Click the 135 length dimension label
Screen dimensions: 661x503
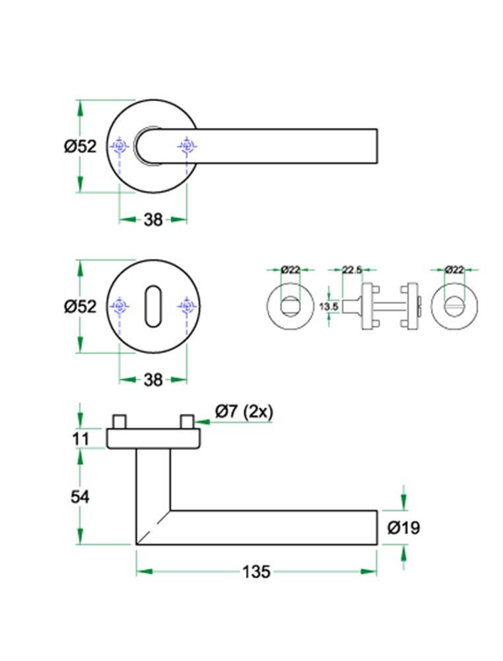pyautogui.click(x=255, y=572)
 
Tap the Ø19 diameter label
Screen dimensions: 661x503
pyautogui.click(x=403, y=527)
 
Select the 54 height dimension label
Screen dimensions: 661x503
pyautogui.click(x=80, y=497)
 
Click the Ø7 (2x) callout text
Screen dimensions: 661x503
pyautogui.click(x=243, y=411)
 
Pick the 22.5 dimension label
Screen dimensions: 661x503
pyautogui.click(x=352, y=269)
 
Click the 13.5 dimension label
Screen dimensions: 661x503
pyautogui.click(x=328, y=307)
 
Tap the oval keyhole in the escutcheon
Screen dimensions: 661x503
pyautogui.click(x=152, y=306)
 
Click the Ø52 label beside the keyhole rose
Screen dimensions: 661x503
pyautogui.click(x=80, y=307)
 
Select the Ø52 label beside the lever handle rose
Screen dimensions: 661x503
pyautogui.click(x=80, y=146)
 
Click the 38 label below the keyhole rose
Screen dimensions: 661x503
pyautogui.click(x=152, y=379)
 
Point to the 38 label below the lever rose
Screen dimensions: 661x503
pyautogui.click(x=152, y=219)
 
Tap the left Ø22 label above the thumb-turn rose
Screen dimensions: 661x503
pyautogui.click(x=290, y=269)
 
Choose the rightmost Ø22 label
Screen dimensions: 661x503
pyautogui.click(x=454, y=269)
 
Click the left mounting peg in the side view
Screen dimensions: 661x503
pyautogui.click(x=119, y=422)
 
